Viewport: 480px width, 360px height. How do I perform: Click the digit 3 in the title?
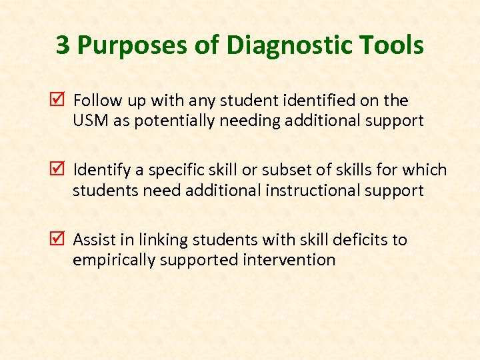63,45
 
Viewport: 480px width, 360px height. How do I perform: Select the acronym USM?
87,121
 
